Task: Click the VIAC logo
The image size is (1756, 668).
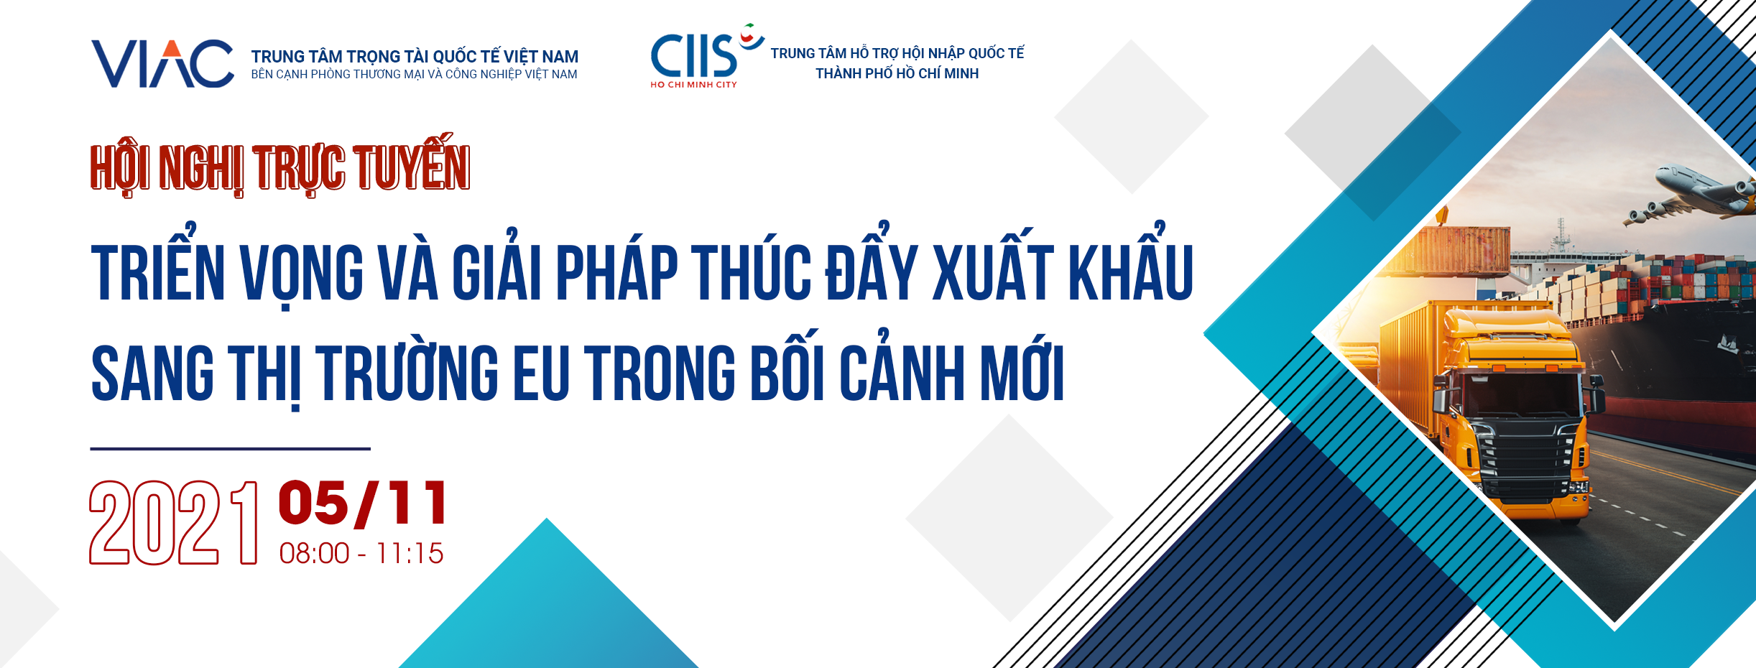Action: (x=162, y=64)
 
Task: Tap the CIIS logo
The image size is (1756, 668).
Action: (x=706, y=55)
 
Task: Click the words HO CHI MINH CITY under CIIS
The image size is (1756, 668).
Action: (x=693, y=85)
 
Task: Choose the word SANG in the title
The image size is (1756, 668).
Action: (x=152, y=372)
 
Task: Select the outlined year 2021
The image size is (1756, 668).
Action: (x=173, y=522)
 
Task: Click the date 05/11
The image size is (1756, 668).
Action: (x=363, y=503)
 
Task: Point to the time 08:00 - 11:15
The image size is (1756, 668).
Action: (x=361, y=553)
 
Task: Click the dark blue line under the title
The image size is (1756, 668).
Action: (x=230, y=449)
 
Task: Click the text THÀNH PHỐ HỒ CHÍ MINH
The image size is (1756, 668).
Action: (x=897, y=73)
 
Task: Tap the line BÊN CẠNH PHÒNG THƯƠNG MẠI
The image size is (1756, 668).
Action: (x=414, y=75)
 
